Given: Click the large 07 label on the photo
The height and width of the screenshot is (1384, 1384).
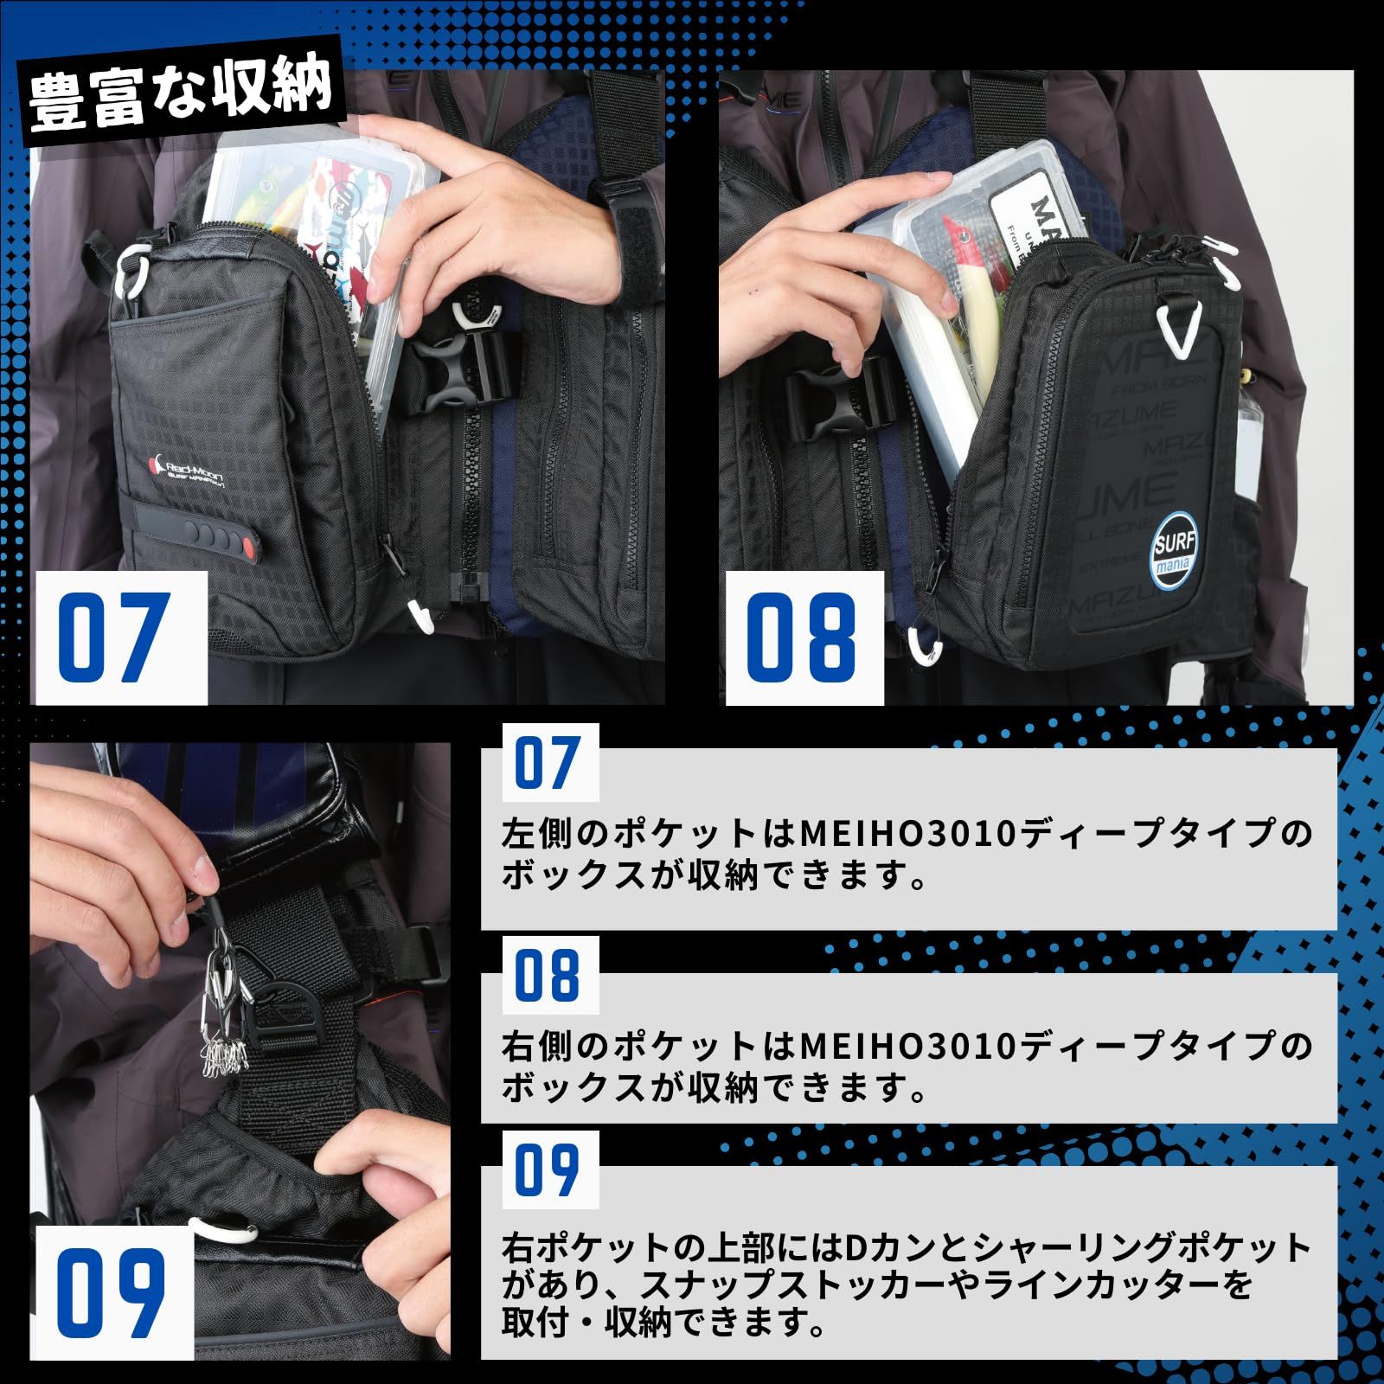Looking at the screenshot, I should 112,637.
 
